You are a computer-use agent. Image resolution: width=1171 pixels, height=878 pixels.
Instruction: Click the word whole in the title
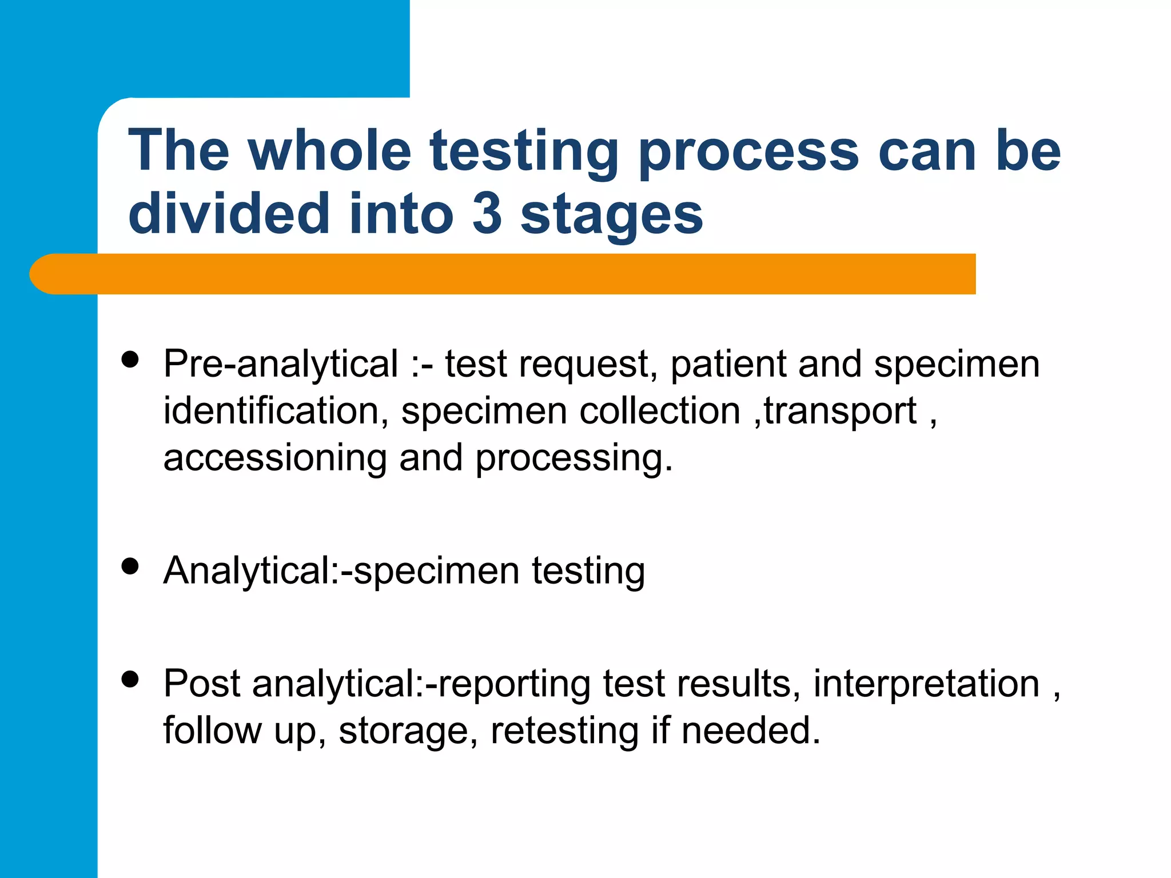tap(329, 151)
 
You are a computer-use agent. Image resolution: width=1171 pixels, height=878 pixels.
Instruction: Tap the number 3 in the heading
tap(487, 214)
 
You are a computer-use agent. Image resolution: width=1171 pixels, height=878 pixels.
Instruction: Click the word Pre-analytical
tap(280, 365)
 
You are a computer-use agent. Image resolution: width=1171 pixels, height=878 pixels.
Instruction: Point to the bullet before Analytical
tap(131, 566)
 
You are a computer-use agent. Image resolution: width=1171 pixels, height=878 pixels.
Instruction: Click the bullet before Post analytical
tap(131, 679)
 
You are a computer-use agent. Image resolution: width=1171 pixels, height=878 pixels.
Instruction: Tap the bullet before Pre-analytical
tap(131, 360)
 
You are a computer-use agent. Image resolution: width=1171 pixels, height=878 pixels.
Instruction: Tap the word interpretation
tap(926, 685)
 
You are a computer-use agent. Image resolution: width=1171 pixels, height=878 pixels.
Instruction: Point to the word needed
tap(750, 732)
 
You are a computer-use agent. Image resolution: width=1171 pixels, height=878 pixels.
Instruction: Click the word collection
tap(660, 411)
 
